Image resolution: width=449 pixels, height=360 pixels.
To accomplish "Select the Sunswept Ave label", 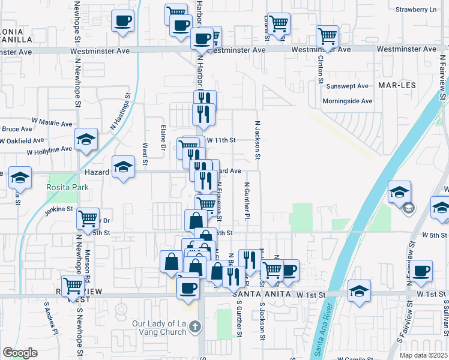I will click(x=349, y=86).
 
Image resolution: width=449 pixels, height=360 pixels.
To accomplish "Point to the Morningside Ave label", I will click(x=348, y=101).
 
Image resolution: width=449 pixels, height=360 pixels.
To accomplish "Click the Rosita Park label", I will click(x=67, y=187).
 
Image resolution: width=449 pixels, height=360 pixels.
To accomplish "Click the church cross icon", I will click(x=194, y=327).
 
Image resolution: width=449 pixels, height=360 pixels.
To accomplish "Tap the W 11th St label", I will click(x=221, y=140).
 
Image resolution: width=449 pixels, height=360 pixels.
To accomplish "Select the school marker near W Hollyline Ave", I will click(x=86, y=139).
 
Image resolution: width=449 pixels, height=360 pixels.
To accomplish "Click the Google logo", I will click(x=20, y=353).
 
